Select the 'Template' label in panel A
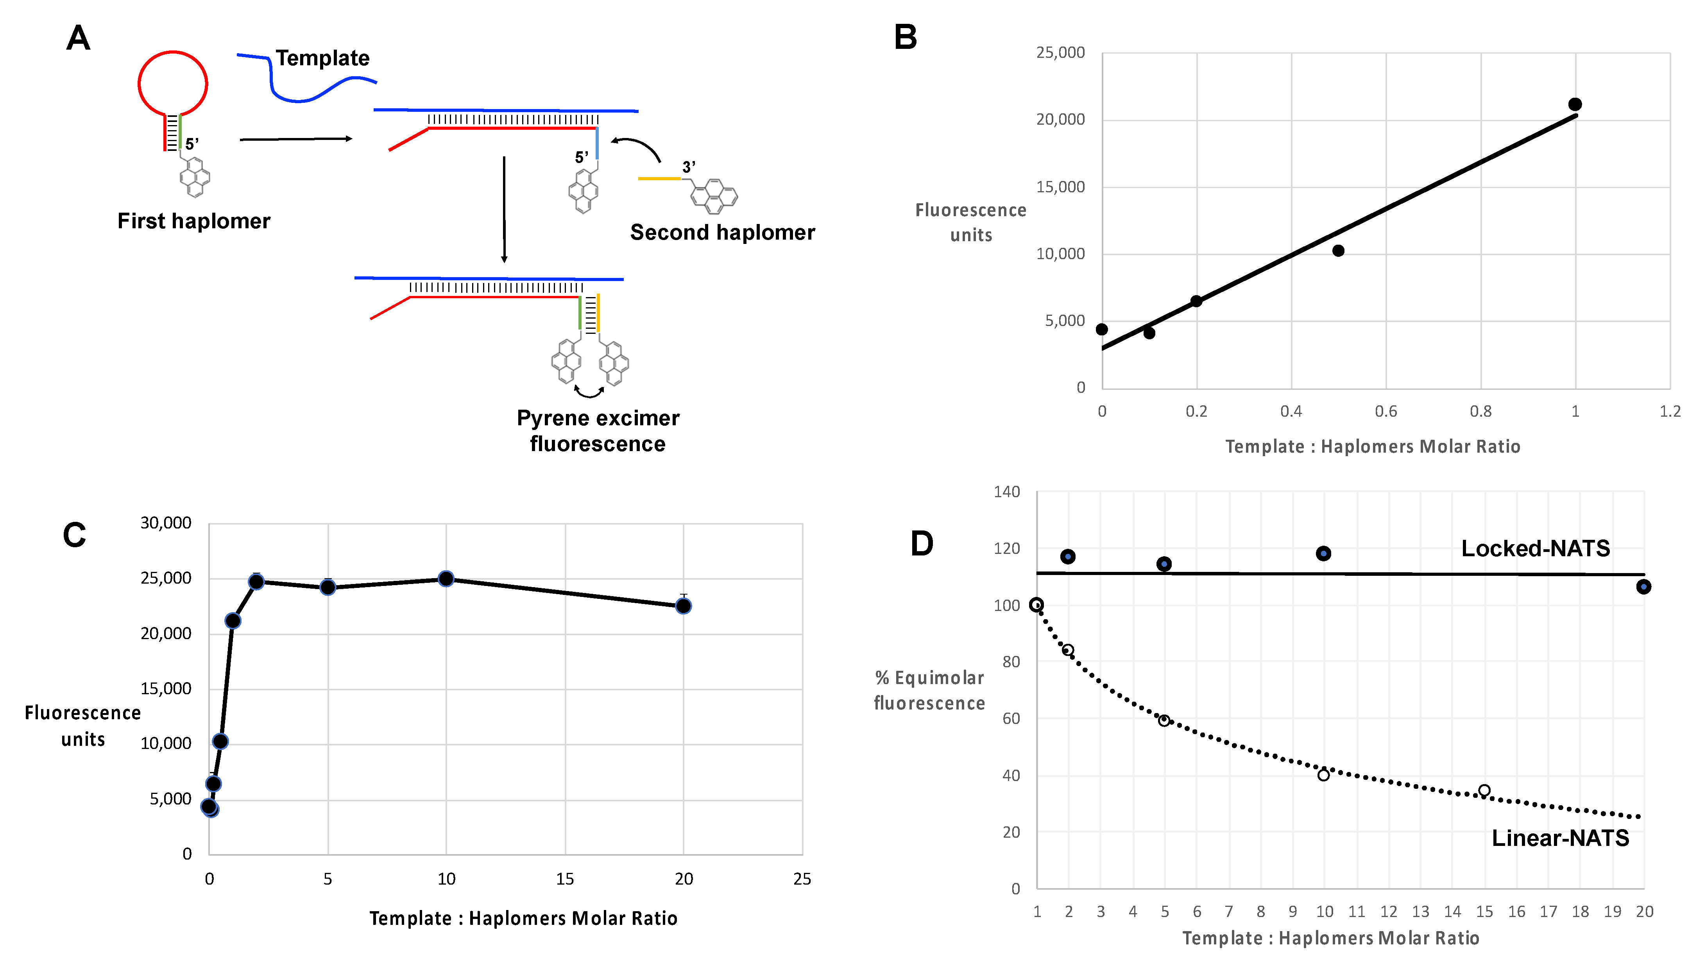pos(322,58)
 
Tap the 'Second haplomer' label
pos(722,233)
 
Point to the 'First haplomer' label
pos(193,221)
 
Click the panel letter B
pos(905,37)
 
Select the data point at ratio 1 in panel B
pos(1575,104)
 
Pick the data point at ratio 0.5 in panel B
pos(1338,251)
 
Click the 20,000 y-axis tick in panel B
pos(1060,120)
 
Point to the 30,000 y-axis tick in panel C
pos(166,523)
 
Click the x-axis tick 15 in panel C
pos(565,879)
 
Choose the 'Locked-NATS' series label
pos(1535,548)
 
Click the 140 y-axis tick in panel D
pos(1007,492)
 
